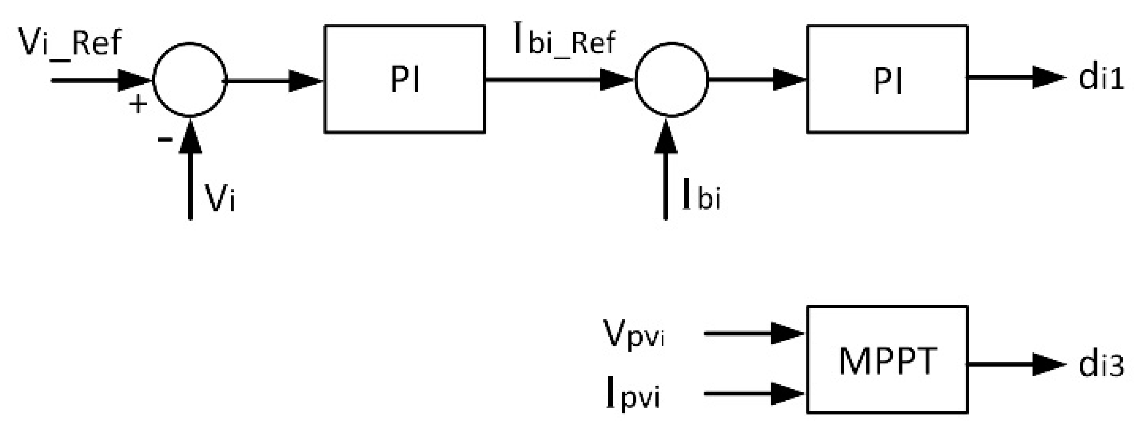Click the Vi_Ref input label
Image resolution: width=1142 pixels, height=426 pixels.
point(70,43)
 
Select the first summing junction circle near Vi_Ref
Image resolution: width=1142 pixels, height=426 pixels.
point(189,80)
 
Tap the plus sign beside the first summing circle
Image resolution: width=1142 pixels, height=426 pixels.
point(138,105)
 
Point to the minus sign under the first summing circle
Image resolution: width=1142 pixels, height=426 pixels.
point(165,140)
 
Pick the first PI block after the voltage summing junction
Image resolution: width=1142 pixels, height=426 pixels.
point(404,79)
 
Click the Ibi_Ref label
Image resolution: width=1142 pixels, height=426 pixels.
point(564,43)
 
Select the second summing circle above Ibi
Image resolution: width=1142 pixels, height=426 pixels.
point(671,80)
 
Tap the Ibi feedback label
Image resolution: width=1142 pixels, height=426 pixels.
point(701,196)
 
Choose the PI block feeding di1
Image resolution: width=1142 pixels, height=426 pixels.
point(887,79)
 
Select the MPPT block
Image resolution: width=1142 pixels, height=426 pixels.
point(887,359)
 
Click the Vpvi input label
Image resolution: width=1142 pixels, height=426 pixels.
point(633,335)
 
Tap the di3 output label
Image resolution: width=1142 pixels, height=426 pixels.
point(1101,365)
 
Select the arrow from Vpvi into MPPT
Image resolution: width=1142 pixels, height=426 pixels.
point(753,333)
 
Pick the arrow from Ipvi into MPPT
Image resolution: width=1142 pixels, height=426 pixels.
point(753,394)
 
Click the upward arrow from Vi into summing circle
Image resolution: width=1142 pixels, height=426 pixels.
point(190,169)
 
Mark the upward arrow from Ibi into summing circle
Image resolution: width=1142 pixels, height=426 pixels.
point(666,169)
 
